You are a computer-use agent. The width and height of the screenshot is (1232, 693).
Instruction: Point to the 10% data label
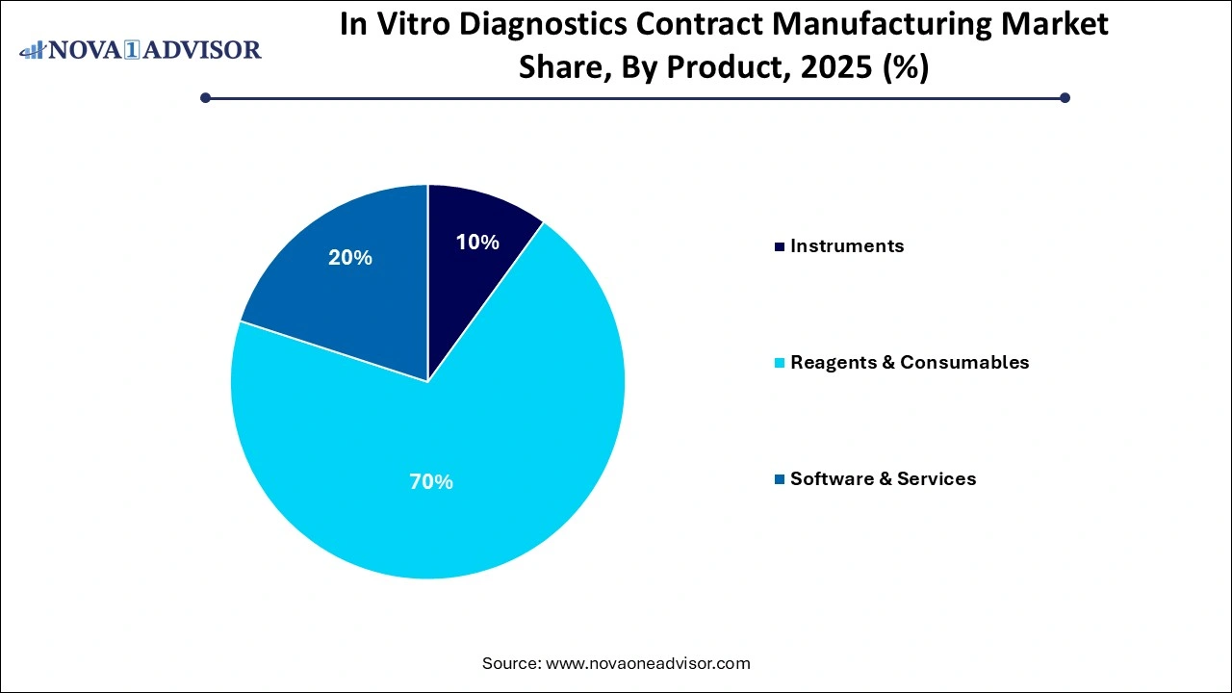[476, 243]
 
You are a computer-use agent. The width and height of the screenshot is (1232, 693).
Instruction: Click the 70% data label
[430, 481]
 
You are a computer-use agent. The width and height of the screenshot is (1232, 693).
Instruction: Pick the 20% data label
[350, 258]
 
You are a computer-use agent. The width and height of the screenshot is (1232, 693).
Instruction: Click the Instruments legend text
[847, 246]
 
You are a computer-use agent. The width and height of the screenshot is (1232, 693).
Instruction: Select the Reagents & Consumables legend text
[910, 363]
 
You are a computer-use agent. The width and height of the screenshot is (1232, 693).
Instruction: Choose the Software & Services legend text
[883, 479]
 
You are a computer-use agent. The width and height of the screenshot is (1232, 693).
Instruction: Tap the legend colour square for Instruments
[780, 247]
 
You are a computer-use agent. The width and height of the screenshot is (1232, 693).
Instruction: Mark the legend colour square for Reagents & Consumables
[780, 364]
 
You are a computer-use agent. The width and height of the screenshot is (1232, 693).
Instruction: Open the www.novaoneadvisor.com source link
[647, 663]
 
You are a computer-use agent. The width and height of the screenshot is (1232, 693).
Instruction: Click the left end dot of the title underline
[205, 97]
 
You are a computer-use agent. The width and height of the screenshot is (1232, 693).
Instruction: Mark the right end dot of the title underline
[1065, 97]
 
